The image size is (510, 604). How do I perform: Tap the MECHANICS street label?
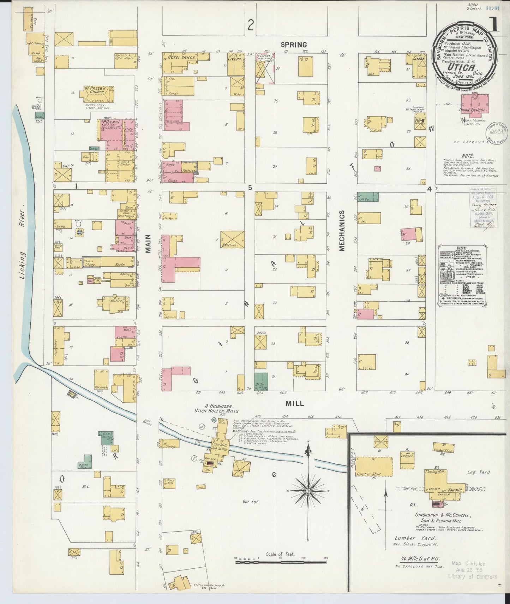[x=342, y=231]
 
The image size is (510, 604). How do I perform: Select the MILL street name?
[x=295, y=403]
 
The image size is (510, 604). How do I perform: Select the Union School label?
[x=473, y=110]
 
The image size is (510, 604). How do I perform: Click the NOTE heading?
[x=468, y=156]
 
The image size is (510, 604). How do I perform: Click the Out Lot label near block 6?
[x=251, y=501]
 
